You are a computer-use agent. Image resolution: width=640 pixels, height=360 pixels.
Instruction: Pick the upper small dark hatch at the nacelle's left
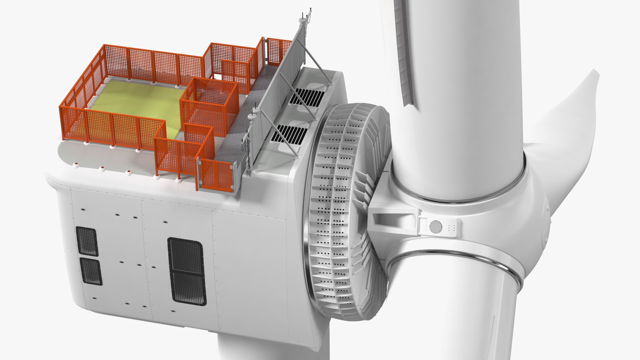tap(87, 241)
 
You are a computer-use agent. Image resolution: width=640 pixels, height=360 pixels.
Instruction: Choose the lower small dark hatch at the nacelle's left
tap(91, 271)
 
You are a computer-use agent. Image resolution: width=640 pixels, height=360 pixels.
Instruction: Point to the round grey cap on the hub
tap(435, 227)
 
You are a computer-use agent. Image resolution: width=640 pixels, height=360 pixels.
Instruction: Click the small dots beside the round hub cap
tap(452, 227)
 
